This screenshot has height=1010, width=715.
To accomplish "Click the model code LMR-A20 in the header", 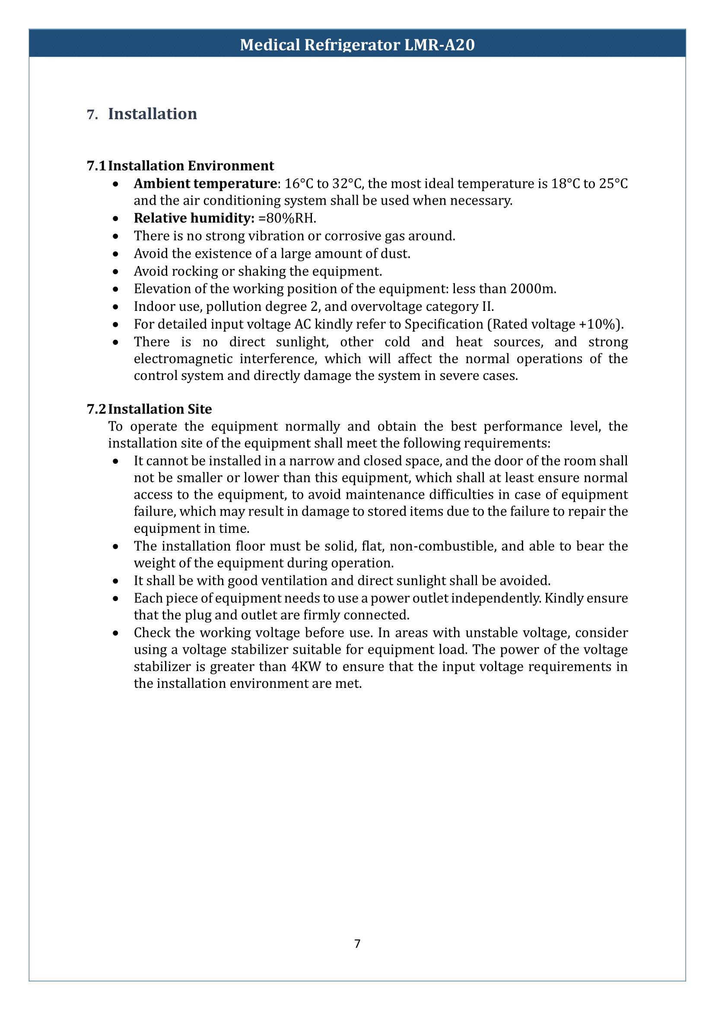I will point(439,45).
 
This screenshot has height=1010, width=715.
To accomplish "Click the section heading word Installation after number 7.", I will point(153,114).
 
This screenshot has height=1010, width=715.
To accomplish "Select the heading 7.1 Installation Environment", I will point(180,166).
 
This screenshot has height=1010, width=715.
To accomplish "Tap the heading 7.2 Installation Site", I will point(149,409).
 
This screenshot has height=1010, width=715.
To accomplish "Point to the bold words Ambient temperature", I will point(205,184).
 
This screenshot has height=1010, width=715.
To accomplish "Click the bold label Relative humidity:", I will point(194,218).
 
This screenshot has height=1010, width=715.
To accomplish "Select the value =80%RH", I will point(287,218).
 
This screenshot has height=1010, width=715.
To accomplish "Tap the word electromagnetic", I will point(183,359).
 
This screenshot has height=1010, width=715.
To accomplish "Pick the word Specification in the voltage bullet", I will point(444,324).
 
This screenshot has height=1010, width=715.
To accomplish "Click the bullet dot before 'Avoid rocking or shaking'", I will point(115,272).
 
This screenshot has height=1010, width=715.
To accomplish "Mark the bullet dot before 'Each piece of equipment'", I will point(115,599).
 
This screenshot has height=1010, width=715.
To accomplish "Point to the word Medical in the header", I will point(270,45).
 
